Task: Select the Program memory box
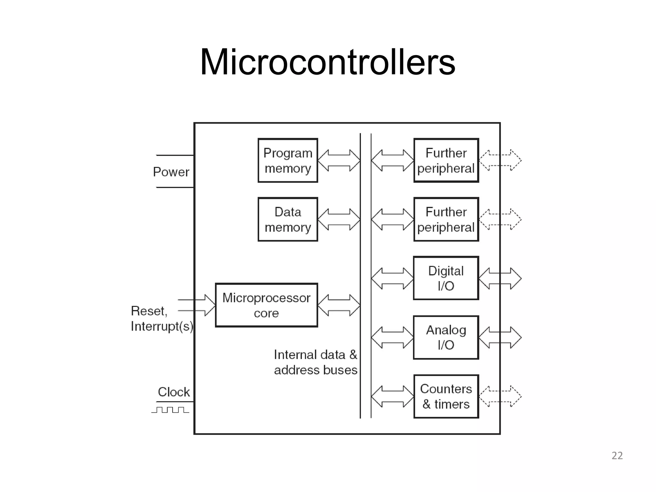click(288, 160)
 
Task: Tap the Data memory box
click(288, 219)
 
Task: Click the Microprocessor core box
click(266, 305)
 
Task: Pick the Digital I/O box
click(446, 278)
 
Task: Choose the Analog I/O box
click(446, 337)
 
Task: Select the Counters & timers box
click(446, 396)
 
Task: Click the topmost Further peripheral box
click(446, 160)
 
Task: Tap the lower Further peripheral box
click(446, 219)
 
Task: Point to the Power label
click(171, 172)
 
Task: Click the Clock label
click(174, 392)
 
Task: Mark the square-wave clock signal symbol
click(170, 410)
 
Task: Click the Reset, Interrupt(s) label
click(162, 318)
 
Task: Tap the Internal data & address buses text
click(316, 362)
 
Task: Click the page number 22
click(617, 455)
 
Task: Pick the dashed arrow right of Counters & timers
click(500, 396)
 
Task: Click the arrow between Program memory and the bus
click(339, 160)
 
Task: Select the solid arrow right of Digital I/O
click(500, 278)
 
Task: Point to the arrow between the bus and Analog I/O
click(392, 337)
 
